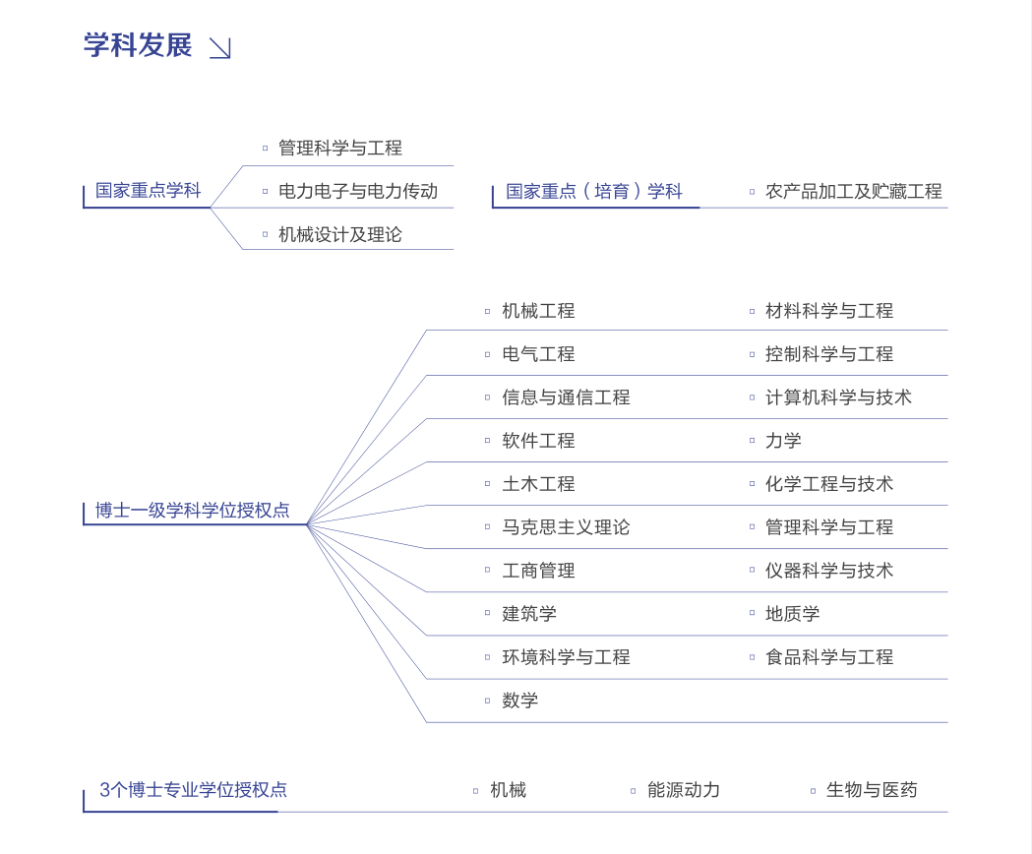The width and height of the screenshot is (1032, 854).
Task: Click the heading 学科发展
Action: [x=138, y=45]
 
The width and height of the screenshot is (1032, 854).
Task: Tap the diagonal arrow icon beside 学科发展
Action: [x=219, y=48]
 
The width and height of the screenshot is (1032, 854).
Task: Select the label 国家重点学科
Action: [x=148, y=191]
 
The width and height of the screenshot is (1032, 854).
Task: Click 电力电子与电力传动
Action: [x=357, y=191]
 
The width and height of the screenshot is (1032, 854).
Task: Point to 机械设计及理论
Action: [x=339, y=234]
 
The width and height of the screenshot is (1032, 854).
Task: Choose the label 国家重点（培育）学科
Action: [x=593, y=191]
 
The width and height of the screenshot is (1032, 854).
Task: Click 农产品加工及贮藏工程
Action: [x=853, y=191]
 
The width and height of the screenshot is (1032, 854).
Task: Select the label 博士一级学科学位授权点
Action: [x=193, y=511]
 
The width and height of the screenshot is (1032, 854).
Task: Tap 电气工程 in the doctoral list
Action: [x=538, y=354]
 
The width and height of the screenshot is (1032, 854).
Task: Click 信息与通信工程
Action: [x=566, y=397]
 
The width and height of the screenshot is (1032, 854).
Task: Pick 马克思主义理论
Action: [x=566, y=527]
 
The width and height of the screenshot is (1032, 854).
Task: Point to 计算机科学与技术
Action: [x=838, y=397]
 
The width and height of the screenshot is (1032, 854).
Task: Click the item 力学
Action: [x=783, y=441]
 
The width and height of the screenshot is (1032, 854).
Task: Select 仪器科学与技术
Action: [x=829, y=571]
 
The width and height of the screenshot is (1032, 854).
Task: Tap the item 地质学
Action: [x=792, y=614]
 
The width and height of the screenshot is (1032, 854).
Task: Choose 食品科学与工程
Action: [x=829, y=657]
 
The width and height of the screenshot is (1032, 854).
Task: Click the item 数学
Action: [x=519, y=701]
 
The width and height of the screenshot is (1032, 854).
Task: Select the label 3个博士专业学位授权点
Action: [x=193, y=790]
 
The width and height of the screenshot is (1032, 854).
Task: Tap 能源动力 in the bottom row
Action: [x=683, y=790]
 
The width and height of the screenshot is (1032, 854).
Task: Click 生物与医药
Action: [x=871, y=790]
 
